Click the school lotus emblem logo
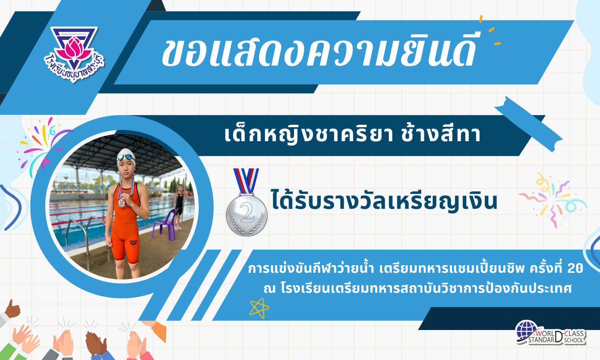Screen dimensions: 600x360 click(74, 54)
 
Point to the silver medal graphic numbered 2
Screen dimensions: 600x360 click(246, 203)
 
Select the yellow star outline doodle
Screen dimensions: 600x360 click(259, 308)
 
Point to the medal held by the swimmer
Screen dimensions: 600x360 click(121, 203)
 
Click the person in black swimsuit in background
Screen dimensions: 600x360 click(179, 207)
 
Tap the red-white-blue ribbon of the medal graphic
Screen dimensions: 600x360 click(246, 181)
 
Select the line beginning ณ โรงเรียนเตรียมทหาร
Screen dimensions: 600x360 click(418, 289)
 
